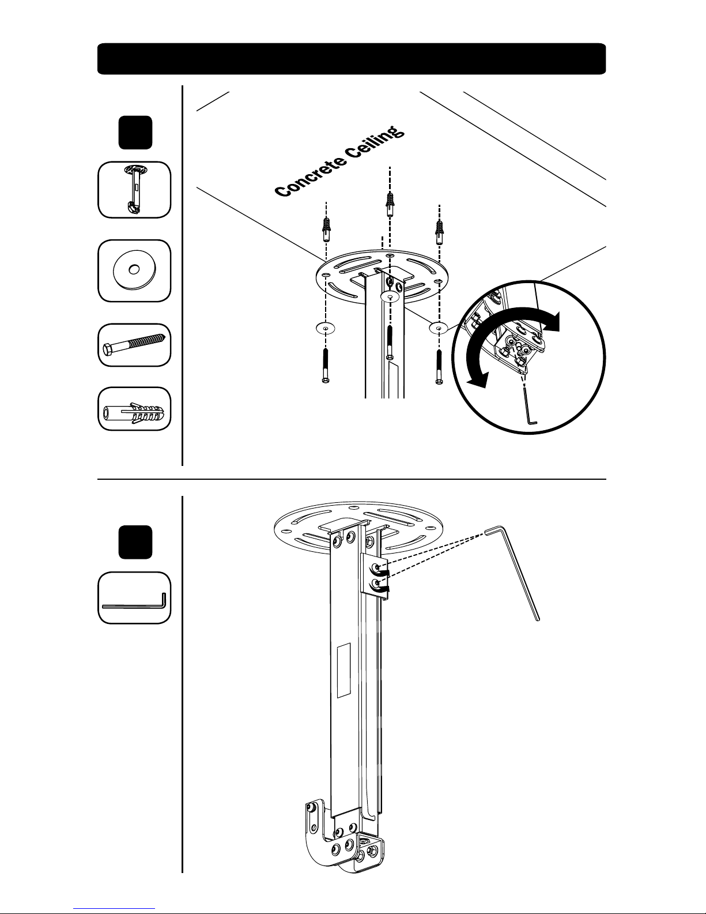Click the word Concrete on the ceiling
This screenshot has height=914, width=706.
pos(310,174)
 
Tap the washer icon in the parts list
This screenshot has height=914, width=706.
pos(134,270)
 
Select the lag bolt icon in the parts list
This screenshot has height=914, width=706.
pos(134,345)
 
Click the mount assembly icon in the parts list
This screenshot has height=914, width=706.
pos(135,189)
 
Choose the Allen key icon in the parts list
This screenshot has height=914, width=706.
pos(134,601)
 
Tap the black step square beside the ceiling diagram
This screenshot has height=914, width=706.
pos(135,132)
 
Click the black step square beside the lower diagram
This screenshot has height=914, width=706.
pos(135,542)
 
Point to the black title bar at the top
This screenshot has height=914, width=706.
pos(352,59)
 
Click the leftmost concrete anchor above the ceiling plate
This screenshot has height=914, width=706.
pos(326,230)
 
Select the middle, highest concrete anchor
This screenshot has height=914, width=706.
pos(390,204)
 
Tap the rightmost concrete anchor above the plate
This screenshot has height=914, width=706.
pos(439,232)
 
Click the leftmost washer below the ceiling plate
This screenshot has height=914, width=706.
pos(326,328)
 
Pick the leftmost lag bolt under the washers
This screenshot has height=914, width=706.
pos(326,366)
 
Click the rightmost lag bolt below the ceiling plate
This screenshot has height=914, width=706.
pos(439,367)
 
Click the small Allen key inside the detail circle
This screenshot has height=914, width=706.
pos(529,406)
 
